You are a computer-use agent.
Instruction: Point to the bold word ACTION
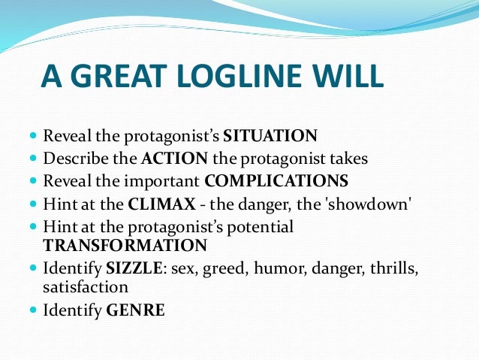(x=175, y=159)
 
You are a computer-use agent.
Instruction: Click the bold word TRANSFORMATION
(x=125, y=245)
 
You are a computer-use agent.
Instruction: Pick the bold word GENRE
(x=134, y=309)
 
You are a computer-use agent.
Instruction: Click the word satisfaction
(x=86, y=286)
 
